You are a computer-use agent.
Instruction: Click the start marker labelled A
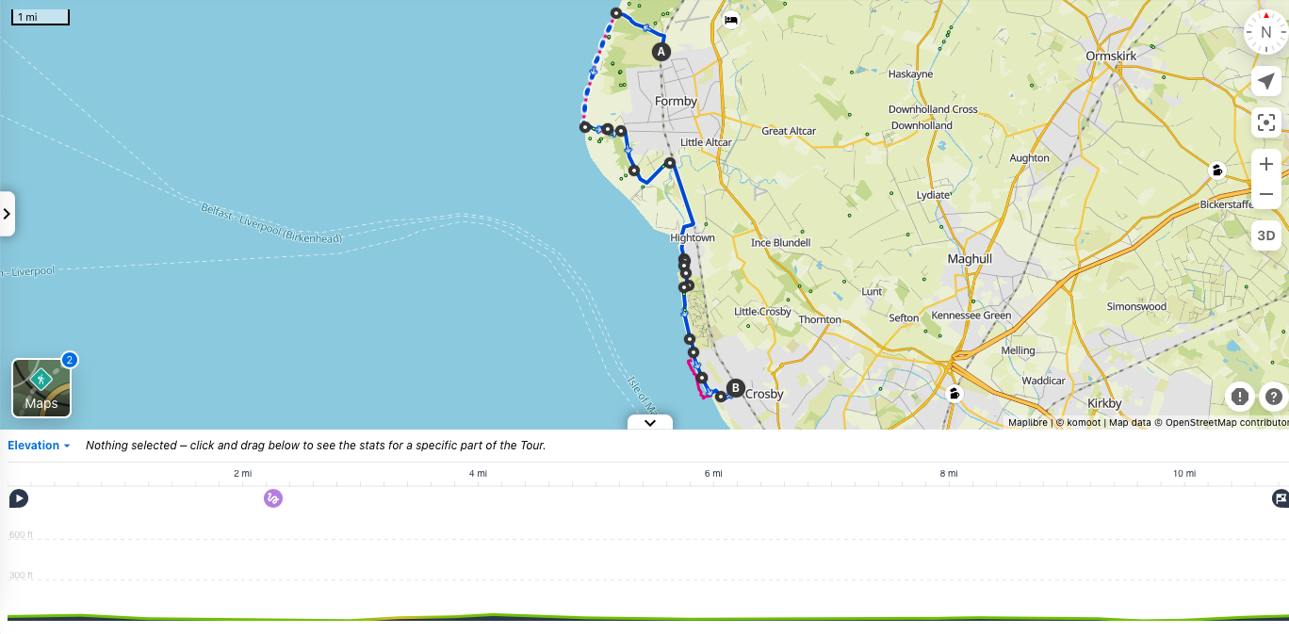pyautogui.click(x=661, y=52)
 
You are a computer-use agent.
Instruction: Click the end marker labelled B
pyautogui.click(x=735, y=387)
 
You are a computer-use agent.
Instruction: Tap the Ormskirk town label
pyautogui.click(x=1111, y=56)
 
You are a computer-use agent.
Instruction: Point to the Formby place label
pyautogui.click(x=676, y=101)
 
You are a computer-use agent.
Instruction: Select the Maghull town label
pyautogui.click(x=970, y=258)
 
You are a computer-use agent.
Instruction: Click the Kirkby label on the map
pyautogui.click(x=1104, y=403)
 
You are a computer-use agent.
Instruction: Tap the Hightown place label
pyautogui.click(x=693, y=237)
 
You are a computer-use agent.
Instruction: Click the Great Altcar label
pyautogui.click(x=789, y=131)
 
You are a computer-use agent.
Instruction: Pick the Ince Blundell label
pyautogui.click(x=780, y=242)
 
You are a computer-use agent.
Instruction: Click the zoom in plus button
pyautogui.click(x=1265, y=164)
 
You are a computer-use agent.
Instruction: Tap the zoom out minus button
pyautogui.click(x=1265, y=194)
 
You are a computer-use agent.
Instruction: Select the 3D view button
pyautogui.click(x=1265, y=236)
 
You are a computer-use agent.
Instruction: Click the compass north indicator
pyautogui.click(x=1265, y=32)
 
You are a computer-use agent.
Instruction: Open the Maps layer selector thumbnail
pyautogui.click(x=41, y=388)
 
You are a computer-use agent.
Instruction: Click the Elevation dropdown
pyautogui.click(x=39, y=446)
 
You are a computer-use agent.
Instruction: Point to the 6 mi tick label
pyautogui.click(x=713, y=473)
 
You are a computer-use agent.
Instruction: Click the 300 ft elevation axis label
pyautogui.click(x=21, y=576)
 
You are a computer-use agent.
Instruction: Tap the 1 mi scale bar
pyautogui.click(x=40, y=17)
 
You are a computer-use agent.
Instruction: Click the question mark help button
pyautogui.click(x=1273, y=397)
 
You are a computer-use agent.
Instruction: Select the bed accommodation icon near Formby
pyautogui.click(x=730, y=20)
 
